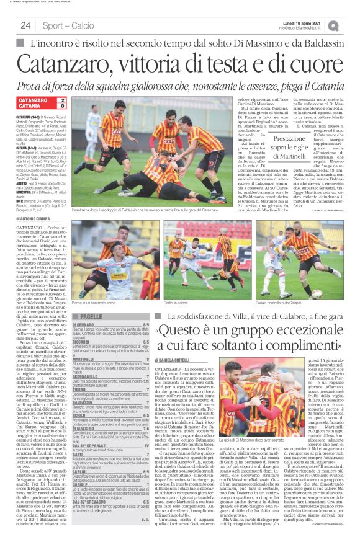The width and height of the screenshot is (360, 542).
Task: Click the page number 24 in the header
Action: click(25, 25)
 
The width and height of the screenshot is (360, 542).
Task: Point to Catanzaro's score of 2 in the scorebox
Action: click(63, 100)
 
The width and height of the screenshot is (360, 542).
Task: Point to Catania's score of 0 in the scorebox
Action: click(63, 107)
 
